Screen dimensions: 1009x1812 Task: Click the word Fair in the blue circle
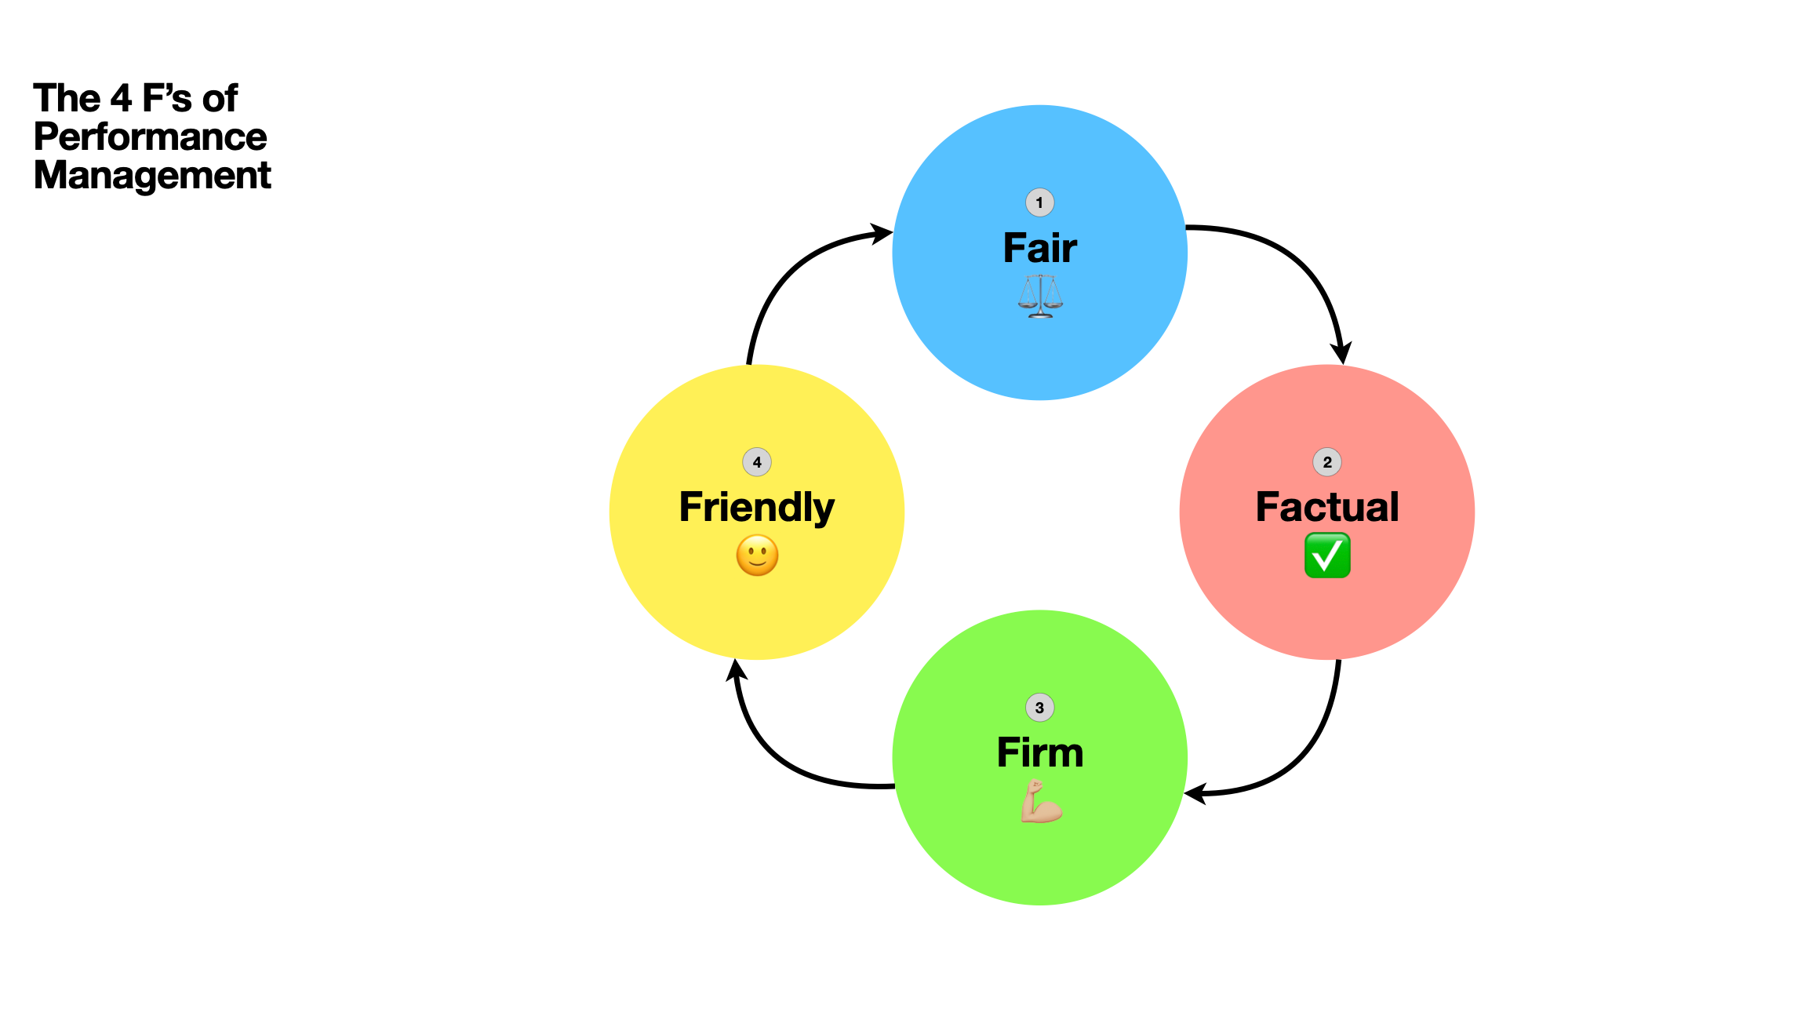1039,248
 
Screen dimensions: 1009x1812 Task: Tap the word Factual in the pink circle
1326,507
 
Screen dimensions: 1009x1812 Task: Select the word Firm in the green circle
1039,752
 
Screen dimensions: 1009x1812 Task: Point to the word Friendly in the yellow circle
756,507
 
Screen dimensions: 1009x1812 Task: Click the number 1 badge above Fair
1039,202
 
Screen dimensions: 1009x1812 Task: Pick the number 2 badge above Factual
1326,462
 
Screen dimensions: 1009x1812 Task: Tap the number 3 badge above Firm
1039,708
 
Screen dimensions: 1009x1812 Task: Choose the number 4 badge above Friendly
756,462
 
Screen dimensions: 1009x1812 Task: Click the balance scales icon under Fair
1040,296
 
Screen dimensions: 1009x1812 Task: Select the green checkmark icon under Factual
1326,555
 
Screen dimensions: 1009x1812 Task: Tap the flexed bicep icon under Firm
1040,801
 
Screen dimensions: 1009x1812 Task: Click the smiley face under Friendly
757,555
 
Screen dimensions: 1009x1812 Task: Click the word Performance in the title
151,137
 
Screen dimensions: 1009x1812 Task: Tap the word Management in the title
152,175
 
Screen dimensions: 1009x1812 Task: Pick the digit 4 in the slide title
121,99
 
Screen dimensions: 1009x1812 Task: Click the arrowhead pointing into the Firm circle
1196,794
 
